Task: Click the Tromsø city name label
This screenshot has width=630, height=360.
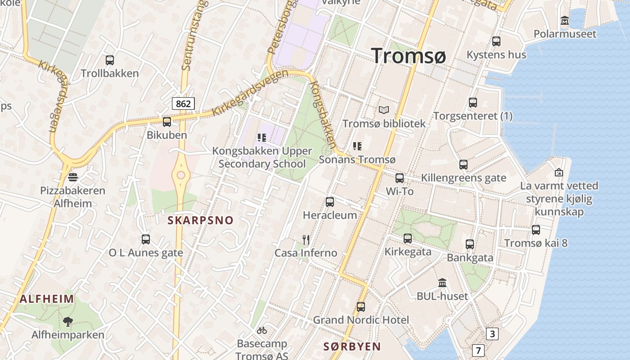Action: pos(409,56)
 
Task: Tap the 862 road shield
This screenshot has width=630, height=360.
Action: pos(183,103)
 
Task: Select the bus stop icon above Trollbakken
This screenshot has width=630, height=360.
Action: pos(109,60)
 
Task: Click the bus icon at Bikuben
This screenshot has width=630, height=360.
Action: pos(167,121)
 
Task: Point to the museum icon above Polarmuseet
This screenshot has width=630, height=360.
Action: pos(565,21)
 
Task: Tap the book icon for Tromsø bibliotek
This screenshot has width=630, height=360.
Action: pos(383,110)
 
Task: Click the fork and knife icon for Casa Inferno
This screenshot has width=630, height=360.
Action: pos(306,239)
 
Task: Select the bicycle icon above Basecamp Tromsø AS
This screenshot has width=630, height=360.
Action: pos(262,331)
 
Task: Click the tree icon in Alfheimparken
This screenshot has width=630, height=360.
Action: pos(68,321)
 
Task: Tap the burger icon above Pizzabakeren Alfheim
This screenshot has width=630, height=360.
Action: pos(73,176)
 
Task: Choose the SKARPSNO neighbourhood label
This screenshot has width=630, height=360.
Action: pos(201,220)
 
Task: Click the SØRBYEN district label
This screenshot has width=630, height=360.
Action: pos(352,346)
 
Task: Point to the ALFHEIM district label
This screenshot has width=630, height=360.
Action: pos(47,299)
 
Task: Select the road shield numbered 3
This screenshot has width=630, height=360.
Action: pos(492,333)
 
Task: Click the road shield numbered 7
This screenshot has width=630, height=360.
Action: pos(478,350)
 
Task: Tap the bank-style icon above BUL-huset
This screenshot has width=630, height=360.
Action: pos(442,283)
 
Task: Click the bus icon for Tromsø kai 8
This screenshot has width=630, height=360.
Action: pos(535,230)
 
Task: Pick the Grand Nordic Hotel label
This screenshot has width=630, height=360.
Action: pos(361,320)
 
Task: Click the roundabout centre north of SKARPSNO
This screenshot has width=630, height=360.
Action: pos(181,175)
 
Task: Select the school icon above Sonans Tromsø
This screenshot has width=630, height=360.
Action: pos(357,146)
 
